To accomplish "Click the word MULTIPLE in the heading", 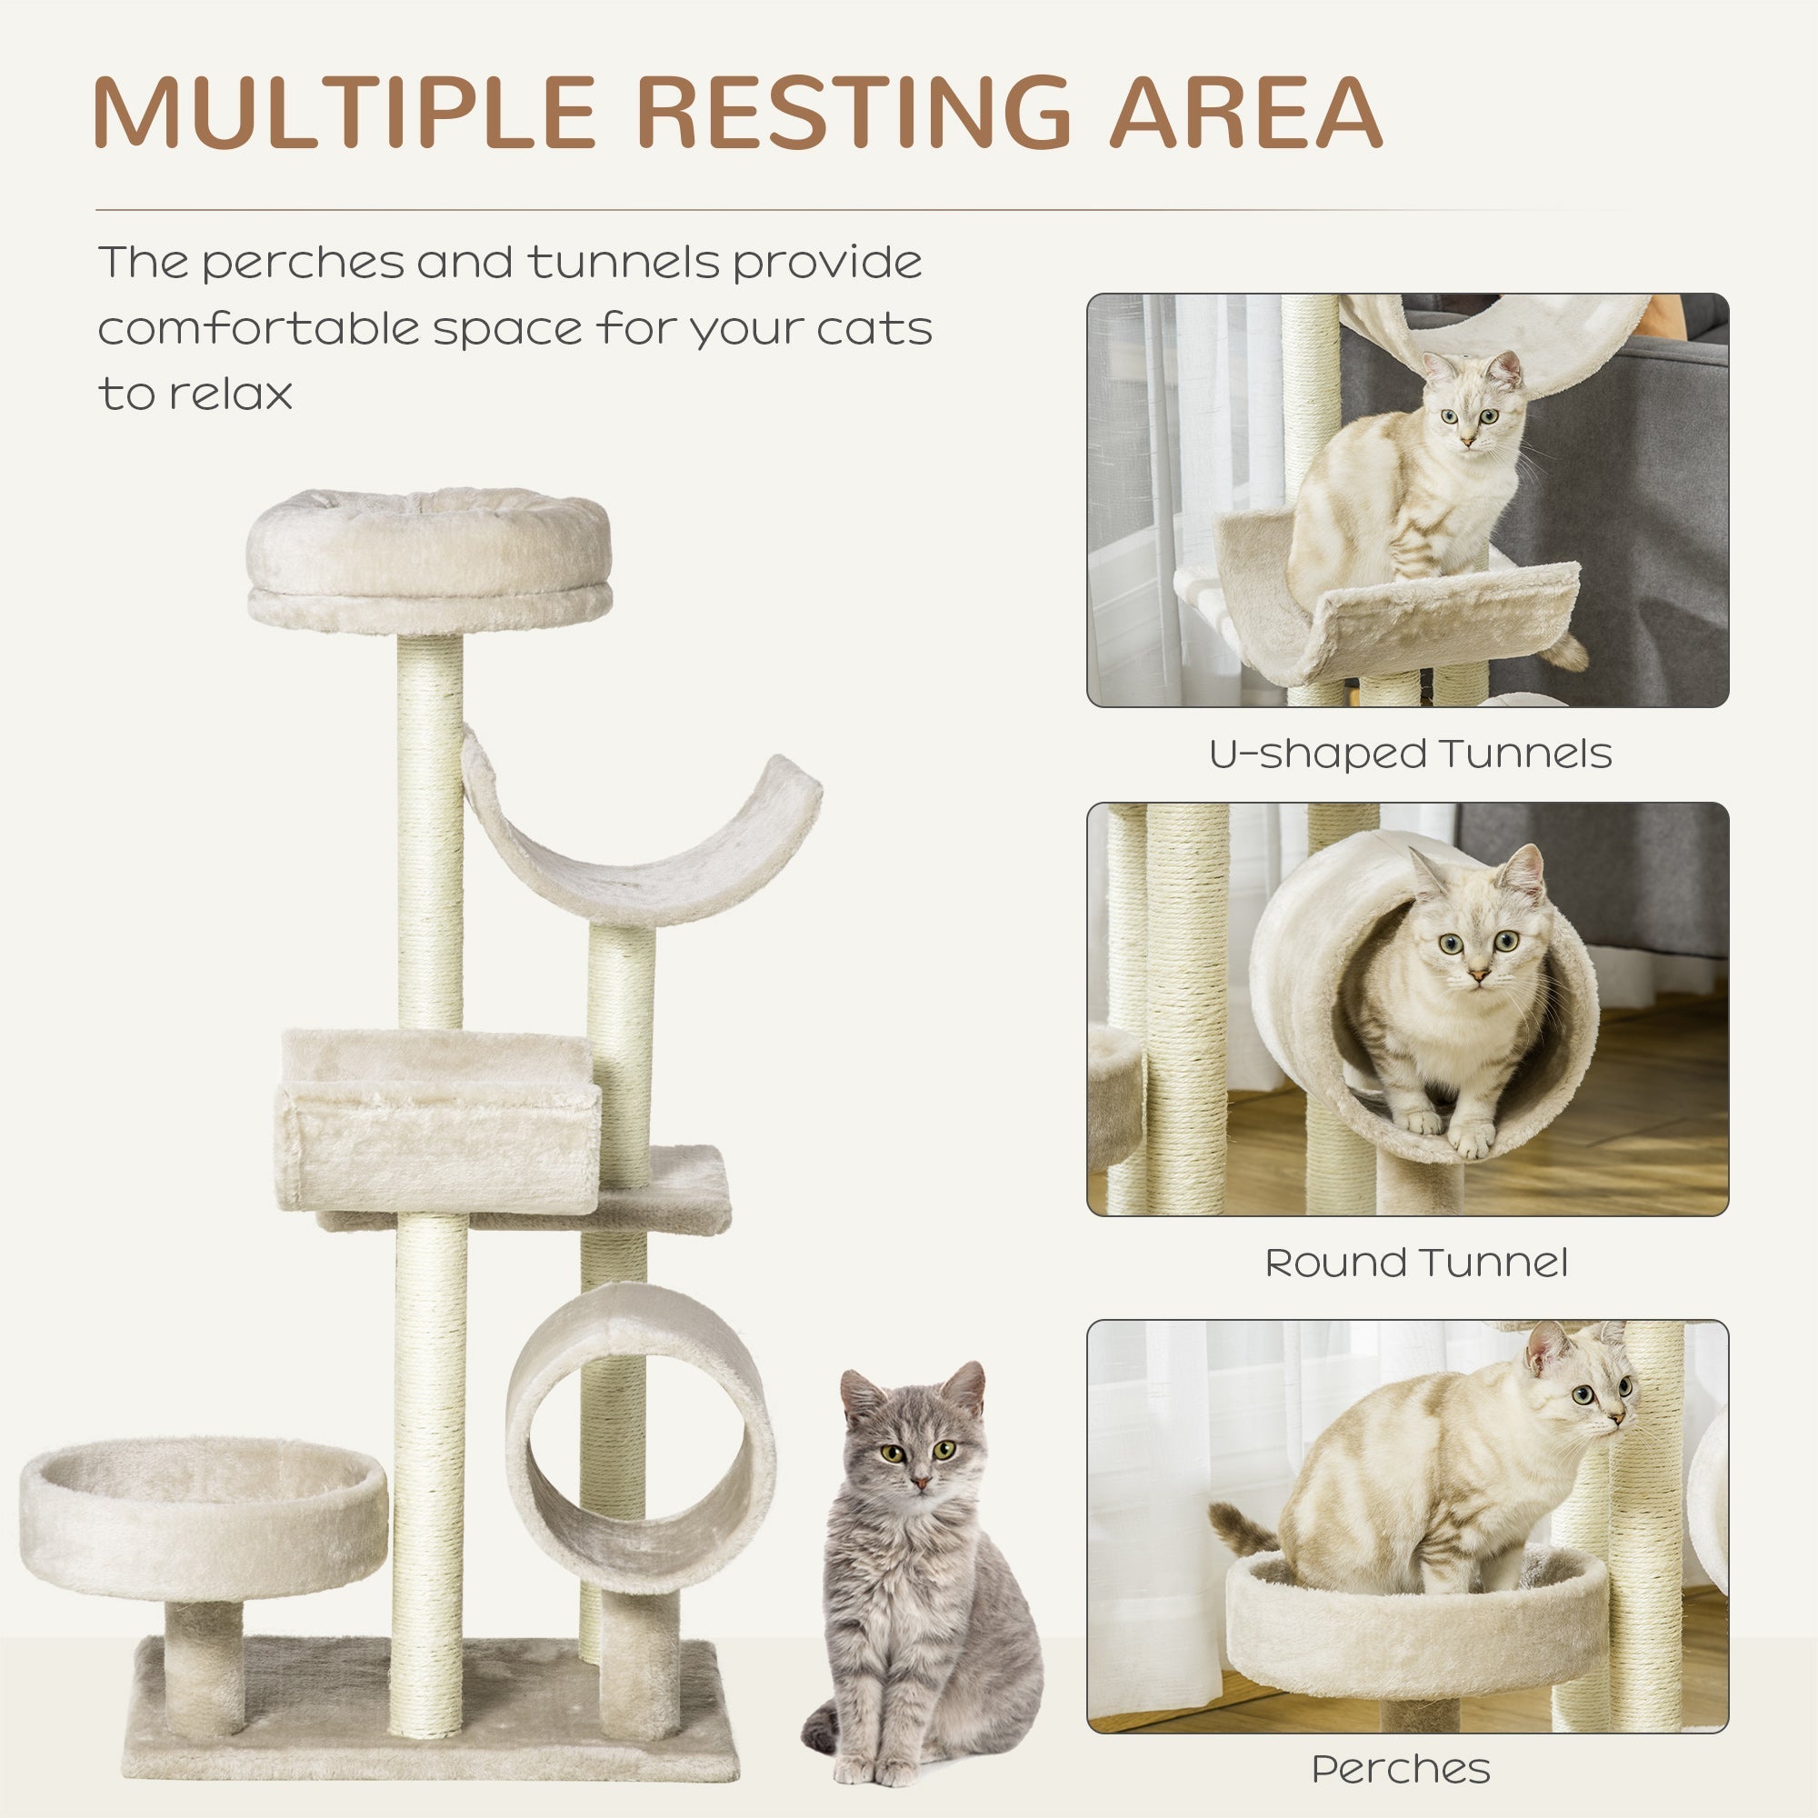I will (x=345, y=112).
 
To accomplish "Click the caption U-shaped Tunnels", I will (x=1410, y=754).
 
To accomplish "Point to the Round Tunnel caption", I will (x=1416, y=1263).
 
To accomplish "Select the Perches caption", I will (x=1401, y=1770).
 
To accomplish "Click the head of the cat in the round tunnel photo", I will (x=1476, y=932).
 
